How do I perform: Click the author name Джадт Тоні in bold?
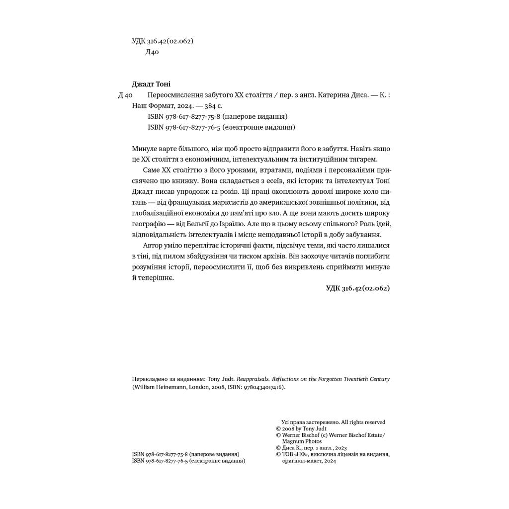[151, 84]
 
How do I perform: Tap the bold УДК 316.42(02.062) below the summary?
[358, 288]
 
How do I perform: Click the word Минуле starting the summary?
[145, 149]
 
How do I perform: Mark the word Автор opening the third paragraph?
[153, 246]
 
